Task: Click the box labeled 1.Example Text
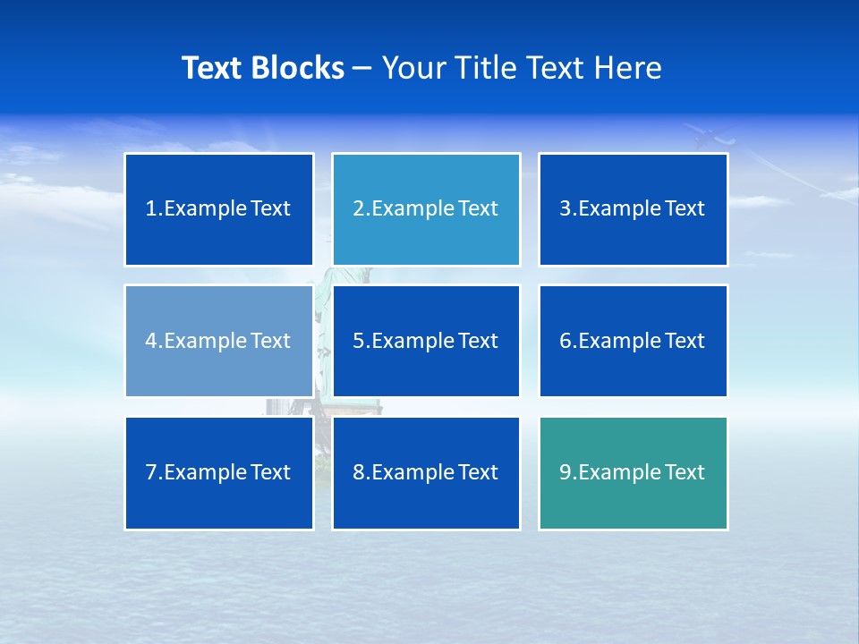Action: point(219,209)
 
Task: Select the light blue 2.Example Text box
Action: point(426,209)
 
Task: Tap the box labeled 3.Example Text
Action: point(634,209)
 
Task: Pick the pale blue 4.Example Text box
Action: point(219,341)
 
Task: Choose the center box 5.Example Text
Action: point(426,341)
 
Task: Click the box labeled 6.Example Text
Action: point(634,341)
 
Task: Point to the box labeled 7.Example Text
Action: point(219,472)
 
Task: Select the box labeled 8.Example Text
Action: point(426,472)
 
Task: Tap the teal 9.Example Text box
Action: point(634,472)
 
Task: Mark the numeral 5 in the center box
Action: point(358,341)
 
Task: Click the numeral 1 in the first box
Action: point(150,209)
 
